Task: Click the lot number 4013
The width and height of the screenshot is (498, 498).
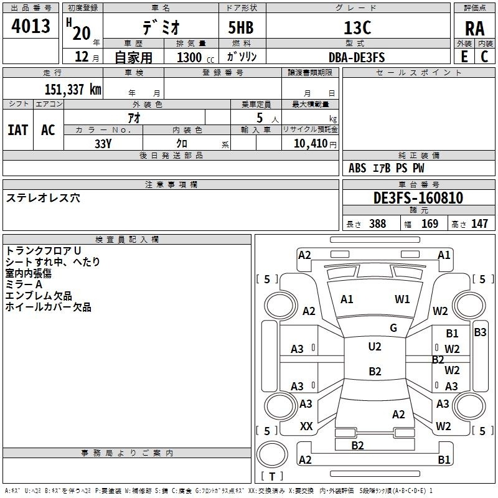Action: click(31, 26)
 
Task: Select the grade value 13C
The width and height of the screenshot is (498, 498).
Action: click(357, 27)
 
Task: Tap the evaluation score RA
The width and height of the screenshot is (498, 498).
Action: click(475, 29)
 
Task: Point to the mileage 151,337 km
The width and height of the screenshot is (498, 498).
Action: click(73, 90)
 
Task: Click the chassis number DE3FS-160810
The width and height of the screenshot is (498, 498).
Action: click(418, 198)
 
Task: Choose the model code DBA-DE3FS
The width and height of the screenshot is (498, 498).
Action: click(357, 57)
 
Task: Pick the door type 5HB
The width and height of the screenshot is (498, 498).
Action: click(241, 27)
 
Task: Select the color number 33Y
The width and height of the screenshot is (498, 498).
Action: click(103, 144)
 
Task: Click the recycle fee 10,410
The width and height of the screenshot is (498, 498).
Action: click(311, 144)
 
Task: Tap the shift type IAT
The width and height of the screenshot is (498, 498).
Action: click(17, 130)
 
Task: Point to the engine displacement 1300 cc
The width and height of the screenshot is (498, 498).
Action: click(195, 57)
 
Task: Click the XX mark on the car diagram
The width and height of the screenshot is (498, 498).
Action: click(306, 426)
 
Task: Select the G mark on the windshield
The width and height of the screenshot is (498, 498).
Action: click(393, 328)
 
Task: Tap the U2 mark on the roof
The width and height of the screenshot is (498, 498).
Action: click(375, 347)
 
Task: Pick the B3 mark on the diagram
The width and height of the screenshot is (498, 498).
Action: click(480, 332)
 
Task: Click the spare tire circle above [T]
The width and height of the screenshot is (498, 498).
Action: click(272, 454)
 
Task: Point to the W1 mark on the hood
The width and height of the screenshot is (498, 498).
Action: click(402, 299)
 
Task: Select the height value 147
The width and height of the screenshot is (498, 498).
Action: click(479, 223)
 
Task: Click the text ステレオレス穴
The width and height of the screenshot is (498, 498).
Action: click(43, 198)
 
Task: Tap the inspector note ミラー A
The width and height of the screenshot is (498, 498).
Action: click(24, 284)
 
